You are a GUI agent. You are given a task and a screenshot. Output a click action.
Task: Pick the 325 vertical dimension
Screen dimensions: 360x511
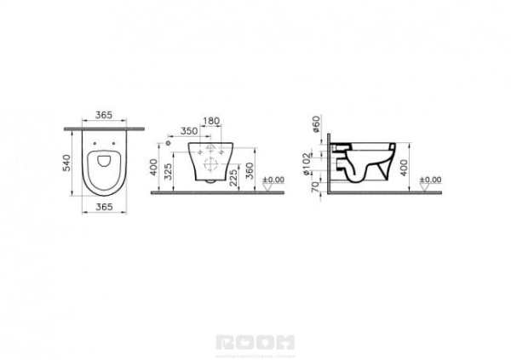(169, 174)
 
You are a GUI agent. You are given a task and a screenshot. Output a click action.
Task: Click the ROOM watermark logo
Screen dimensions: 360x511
(255, 342)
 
